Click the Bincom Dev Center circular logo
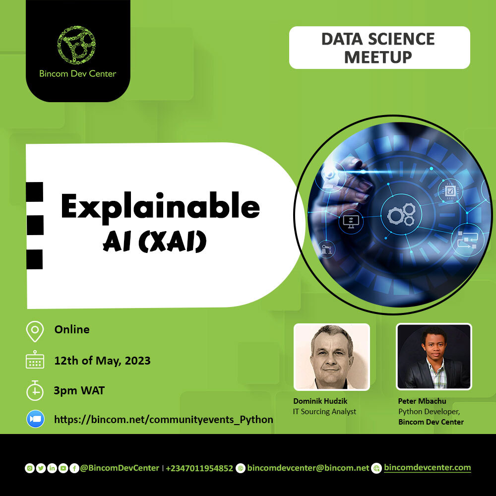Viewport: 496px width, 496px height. coord(76,45)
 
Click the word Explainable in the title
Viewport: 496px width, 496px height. coord(160,207)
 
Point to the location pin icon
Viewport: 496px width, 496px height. coord(35,331)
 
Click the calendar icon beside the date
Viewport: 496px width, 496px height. coord(35,361)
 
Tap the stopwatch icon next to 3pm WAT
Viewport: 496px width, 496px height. coord(35,390)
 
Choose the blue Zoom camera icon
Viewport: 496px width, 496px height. coord(35,419)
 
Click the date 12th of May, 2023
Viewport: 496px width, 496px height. coord(102,361)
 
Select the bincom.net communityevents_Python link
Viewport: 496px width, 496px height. coord(163,420)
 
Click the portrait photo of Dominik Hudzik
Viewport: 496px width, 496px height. coord(332,357)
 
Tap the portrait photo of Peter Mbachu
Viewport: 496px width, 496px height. coord(434,357)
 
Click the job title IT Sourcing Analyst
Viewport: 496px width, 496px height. coord(325,411)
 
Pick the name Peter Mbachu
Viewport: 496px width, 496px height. coord(423,401)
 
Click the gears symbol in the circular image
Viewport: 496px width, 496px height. coord(401,214)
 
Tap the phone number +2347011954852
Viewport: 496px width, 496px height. coord(199,468)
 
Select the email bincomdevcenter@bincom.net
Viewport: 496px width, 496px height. coord(308,468)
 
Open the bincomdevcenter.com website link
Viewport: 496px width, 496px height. coord(427,468)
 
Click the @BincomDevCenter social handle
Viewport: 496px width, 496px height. coord(120,468)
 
